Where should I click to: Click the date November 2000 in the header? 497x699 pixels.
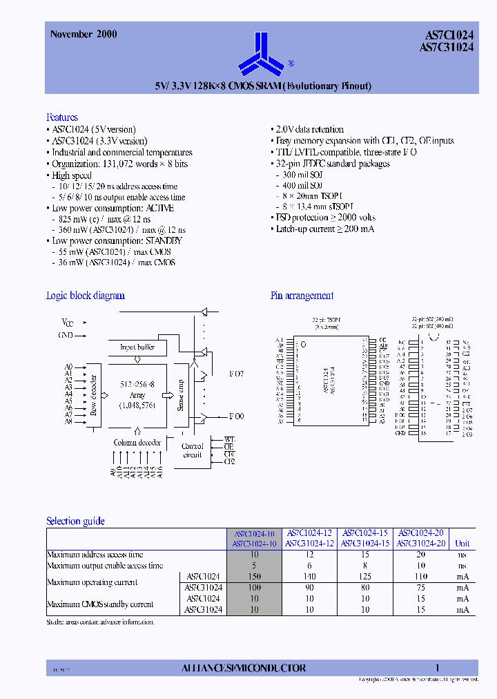point(84,34)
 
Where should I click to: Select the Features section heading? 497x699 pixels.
point(62,117)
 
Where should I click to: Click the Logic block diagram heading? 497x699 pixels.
point(85,296)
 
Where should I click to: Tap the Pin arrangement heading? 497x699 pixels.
point(302,296)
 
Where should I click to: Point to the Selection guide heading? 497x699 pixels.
point(75,521)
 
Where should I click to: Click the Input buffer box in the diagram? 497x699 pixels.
point(137,347)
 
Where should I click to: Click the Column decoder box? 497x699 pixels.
point(137,442)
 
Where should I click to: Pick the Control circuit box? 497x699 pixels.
point(193,450)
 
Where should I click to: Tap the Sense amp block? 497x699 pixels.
point(180,394)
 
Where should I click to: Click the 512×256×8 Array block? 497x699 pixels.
point(137,394)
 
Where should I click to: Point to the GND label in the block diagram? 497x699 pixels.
point(66,335)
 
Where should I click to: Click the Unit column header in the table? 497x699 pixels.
point(462,544)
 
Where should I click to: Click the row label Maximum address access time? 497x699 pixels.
point(95,555)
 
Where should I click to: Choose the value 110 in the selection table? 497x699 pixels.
point(420,577)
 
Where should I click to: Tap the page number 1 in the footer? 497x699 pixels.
point(437,668)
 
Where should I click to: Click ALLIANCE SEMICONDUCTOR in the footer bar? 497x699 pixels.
point(243,668)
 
